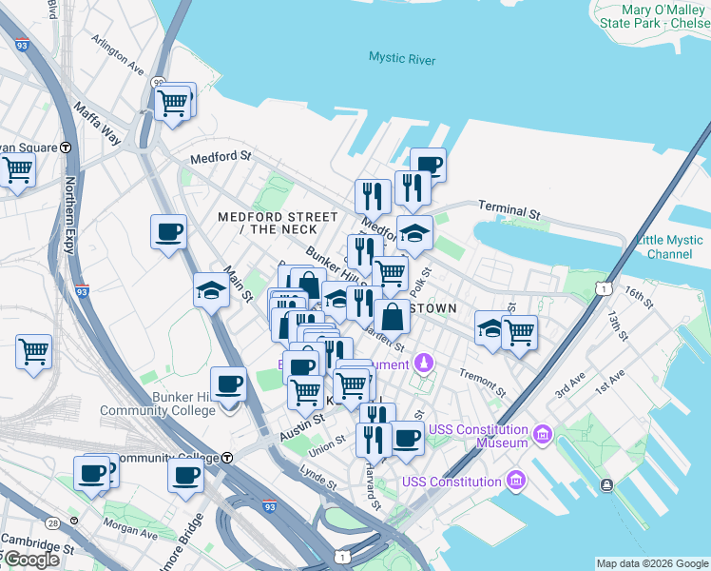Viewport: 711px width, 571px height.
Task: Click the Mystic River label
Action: pos(402,60)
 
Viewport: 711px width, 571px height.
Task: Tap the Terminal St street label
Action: pos(509,207)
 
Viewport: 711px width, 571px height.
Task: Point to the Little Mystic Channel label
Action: pos(669,246)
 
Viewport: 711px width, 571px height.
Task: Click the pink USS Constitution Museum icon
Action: pos(543,435)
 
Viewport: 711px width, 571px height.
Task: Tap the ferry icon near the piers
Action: pos(607,485)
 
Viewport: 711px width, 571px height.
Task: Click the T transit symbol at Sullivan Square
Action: pos(66,148)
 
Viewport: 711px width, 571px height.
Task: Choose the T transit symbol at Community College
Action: pos(228,458)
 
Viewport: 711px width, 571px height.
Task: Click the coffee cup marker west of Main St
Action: pos(168,232)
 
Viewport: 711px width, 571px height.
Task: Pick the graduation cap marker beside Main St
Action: pos(211,290)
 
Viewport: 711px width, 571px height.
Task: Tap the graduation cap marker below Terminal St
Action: pos(414,232)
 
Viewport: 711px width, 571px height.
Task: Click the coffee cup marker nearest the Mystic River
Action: pos(428,165)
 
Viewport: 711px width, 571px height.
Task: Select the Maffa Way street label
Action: pos(97,123)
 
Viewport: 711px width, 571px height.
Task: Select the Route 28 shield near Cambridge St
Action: pos(52,523)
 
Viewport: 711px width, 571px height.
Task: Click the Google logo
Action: pos(30,560)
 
